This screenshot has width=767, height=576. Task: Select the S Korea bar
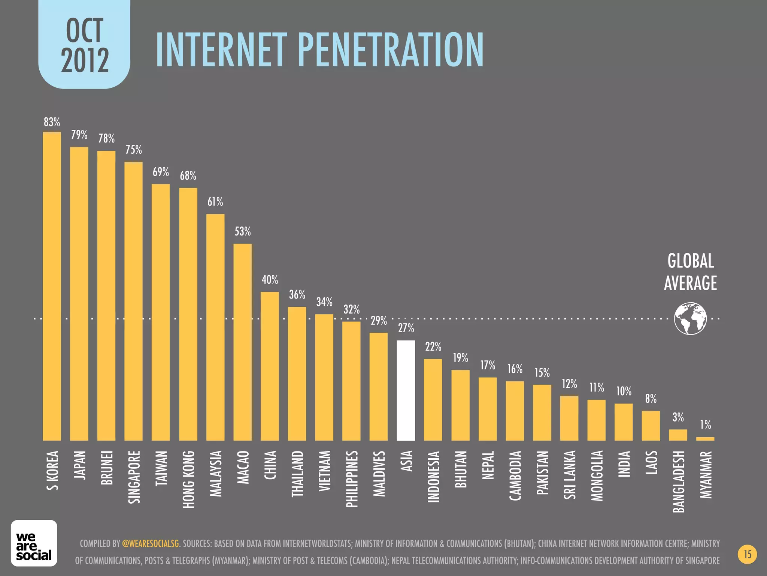click(x=52, y=286)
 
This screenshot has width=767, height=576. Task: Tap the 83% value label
click(x=52, y=122)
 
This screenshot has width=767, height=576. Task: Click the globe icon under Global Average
click(x=690, y=318)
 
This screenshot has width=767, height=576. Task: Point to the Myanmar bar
click(x=705, y=438)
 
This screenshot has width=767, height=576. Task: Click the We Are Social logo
click(x=34, y=543)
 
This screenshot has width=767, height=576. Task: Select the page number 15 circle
click(x=747, y=554)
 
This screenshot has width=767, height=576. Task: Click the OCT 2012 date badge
click(x=85, y=45)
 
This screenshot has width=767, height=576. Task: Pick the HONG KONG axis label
click(x=188, y=479)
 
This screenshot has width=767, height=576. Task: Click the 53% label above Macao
click(x=243, y=232)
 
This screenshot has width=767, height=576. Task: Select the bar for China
click(x=270, y=366)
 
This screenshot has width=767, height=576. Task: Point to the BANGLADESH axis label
click(x=678, y=481)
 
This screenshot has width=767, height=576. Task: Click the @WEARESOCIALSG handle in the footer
click(x=150, y=543)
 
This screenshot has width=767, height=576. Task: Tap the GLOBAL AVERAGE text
click(x=690, y=272)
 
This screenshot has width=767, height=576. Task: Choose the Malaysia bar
click(x=215, y=327)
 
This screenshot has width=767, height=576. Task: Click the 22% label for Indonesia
click(x=433, y=347)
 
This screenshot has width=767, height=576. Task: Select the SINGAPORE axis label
click(x=134, y=477)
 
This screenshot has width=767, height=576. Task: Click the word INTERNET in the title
click(x=221, y=50)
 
